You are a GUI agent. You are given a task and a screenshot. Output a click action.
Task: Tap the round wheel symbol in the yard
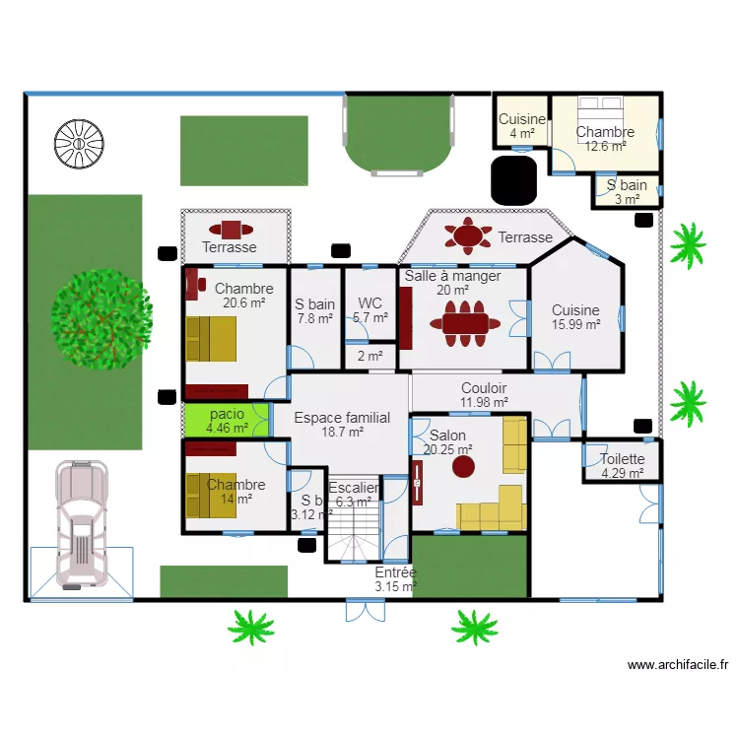[79, 145]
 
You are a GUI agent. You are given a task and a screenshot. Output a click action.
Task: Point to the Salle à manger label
[452, 276]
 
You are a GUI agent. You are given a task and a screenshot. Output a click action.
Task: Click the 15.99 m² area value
[575, 325]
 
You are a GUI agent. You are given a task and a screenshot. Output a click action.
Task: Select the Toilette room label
[623, 459]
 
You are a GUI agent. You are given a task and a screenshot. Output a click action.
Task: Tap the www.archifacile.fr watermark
[677, 665]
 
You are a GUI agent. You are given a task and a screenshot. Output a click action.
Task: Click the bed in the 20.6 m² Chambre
[211, 339]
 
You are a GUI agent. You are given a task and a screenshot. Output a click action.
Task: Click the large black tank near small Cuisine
[512, 179]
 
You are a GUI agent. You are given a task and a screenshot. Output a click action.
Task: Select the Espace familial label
[342, 418]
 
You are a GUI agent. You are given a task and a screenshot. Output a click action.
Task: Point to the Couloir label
[483, 388]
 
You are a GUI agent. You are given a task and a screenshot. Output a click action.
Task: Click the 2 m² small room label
[369, 357]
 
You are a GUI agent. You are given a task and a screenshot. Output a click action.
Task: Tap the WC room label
[369, 303]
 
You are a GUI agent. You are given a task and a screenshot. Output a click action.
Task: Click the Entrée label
[395, 572]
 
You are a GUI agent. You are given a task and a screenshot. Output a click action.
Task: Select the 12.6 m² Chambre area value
[605, 147]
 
